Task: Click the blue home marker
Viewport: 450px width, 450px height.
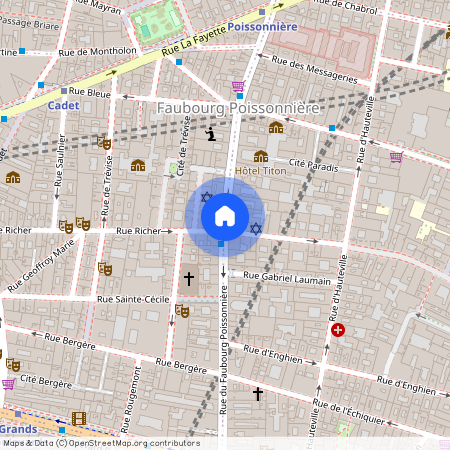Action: (224, 216)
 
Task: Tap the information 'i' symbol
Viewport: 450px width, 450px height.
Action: (210, 133)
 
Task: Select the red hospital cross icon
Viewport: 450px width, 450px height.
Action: (338, 330)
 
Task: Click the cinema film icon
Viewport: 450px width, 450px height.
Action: (78, 419)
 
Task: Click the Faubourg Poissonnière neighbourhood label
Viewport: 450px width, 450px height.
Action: (238, 107)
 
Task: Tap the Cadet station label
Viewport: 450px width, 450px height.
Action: (62, 104)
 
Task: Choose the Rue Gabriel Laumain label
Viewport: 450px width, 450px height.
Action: (286, 277)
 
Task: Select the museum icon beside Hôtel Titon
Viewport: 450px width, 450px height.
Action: (260, 156)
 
